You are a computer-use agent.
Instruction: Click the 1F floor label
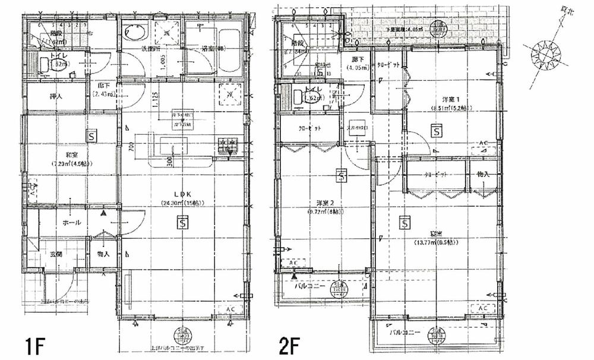pos(34,345)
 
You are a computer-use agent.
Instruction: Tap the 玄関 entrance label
pos(56,254)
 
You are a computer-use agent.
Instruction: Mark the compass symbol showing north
pos(545,54)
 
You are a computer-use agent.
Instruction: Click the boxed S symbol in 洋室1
pos(437,130)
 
